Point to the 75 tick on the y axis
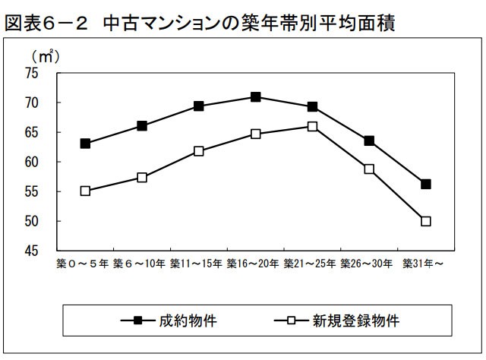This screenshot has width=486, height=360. click(x=31, y=73)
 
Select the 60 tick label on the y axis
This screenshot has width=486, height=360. click(x=31, y=162)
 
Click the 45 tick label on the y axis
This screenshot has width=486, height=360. click(x=31, y=251)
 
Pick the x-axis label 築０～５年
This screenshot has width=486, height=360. click(x=84, y=264)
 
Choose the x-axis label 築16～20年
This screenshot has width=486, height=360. click(x=254, y=264)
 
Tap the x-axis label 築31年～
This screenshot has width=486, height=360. click(x=424, y=264)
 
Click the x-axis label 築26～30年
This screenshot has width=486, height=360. click(x=368, y=264)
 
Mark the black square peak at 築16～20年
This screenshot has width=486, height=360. click(x=256, y=97)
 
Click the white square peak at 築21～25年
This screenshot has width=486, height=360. click(x=312, y=126)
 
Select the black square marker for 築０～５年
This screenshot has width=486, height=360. click(x=85, y=144)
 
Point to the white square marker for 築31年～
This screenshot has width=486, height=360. click(x=426, y=221)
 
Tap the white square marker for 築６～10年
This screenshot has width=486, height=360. click(x=142, y=178)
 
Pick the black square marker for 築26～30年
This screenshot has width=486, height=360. click(x=369, y=141)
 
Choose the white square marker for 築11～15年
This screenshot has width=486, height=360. click(x=199, y=151)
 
